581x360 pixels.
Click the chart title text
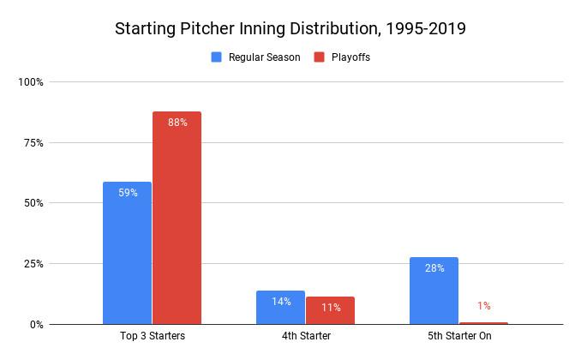[290, 28]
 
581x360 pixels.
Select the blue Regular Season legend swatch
[217, 57]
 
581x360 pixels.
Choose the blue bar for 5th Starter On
[434, 291]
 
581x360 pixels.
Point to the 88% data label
[177, 123]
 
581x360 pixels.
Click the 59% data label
[127, 193]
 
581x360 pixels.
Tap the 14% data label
[280, 302]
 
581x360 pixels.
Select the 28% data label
[434, 268]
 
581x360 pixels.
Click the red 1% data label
[484, 306]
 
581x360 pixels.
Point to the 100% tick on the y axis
[31, 82]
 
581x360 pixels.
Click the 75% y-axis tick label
[33, 143]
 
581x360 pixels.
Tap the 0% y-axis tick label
[36, 325]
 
